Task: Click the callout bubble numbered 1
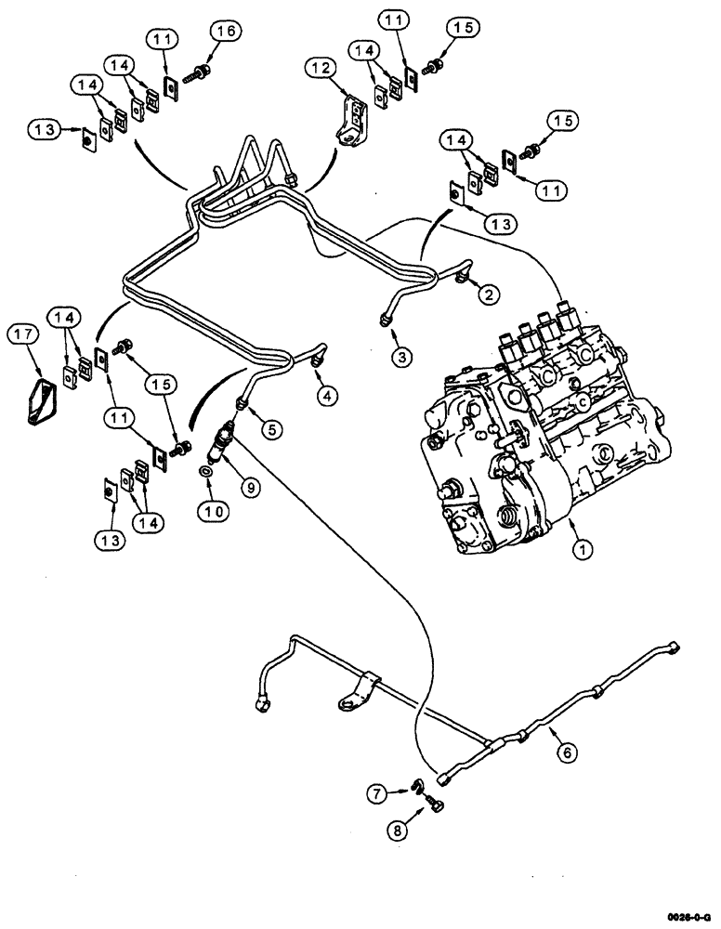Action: (582, 550)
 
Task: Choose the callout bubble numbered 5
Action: (273, 430)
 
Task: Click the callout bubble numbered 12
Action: (321, 69)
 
